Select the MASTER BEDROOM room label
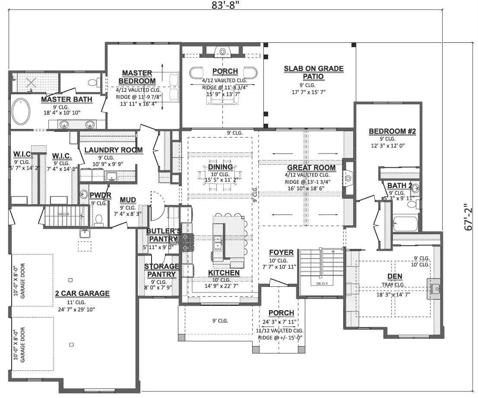pyautogui.click(x=136, y=77)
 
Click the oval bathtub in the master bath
pyautogui.click(x=21, y=112)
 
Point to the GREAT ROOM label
pyautogui.click(x=311, y=168)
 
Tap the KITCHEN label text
pyautogui.click(x=224, y=273)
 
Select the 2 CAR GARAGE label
pyautogui.click(x=82, y=293)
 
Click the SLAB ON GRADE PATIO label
pyautogui.click(x=313, y=72)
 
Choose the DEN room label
pyautogui.click(x=395, y=276)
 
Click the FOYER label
pyautogui.click(x=281, y=253)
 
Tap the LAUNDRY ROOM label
pyautogui.click(x=113, y=150)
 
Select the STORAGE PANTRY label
pyautogui.click(x=161, y=270)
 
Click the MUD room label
pyautogui.click(x=128, y=200)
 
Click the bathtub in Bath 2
pyautogui.click(x=405, y=224)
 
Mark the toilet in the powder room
pyautogui.click(x=98, y=220)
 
